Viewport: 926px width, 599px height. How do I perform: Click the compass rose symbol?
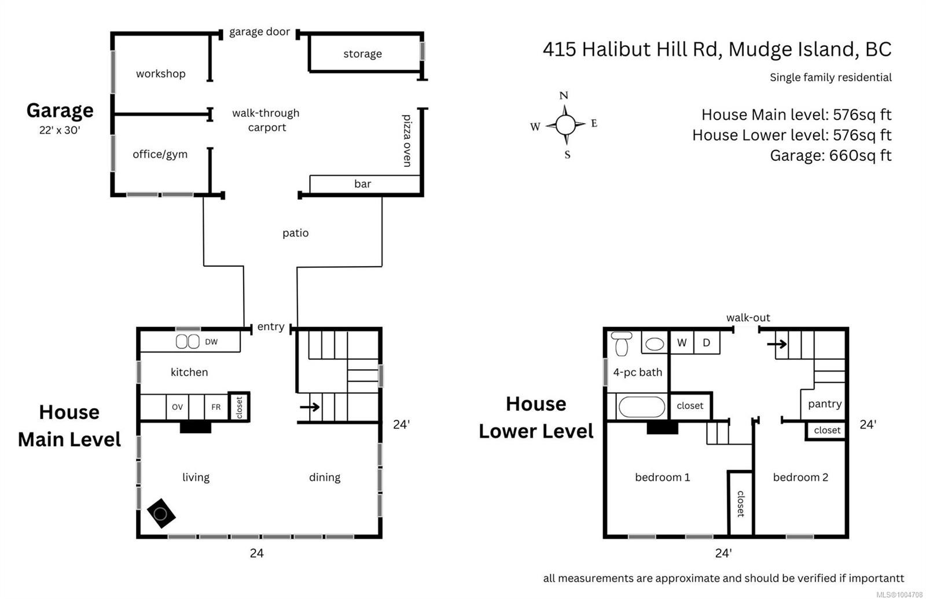tap(565, 124)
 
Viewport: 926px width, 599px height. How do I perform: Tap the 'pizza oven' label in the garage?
tap(407, 141)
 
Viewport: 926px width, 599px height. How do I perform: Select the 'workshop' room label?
tap(161, 74)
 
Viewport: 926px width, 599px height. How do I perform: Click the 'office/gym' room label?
tap(160, 154)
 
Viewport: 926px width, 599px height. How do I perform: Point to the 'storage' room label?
tap(362, 54)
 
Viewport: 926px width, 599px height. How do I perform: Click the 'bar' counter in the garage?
tap(363, 184)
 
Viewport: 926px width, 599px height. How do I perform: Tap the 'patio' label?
tap(295, 233)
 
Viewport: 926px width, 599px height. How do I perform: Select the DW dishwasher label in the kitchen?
tap(211, 342)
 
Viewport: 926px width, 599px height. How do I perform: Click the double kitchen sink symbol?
tap(188, 341)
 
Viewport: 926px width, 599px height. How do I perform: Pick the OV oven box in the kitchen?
tap(177, 407)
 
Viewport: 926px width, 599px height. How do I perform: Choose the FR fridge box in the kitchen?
tap(216, 407)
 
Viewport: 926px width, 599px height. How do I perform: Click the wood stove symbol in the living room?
tap(161, 513)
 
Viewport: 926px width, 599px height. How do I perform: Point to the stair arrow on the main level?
tap(310, 407)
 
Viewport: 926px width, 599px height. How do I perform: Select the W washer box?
tap(682, 343)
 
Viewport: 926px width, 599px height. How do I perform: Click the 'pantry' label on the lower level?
tap(825, 403)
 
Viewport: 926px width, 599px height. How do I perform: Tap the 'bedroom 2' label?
tap(800, 477)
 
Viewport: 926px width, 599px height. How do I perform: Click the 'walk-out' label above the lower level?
tap(748, 317)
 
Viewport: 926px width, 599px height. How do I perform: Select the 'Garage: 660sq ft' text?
tap(831, 155)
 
